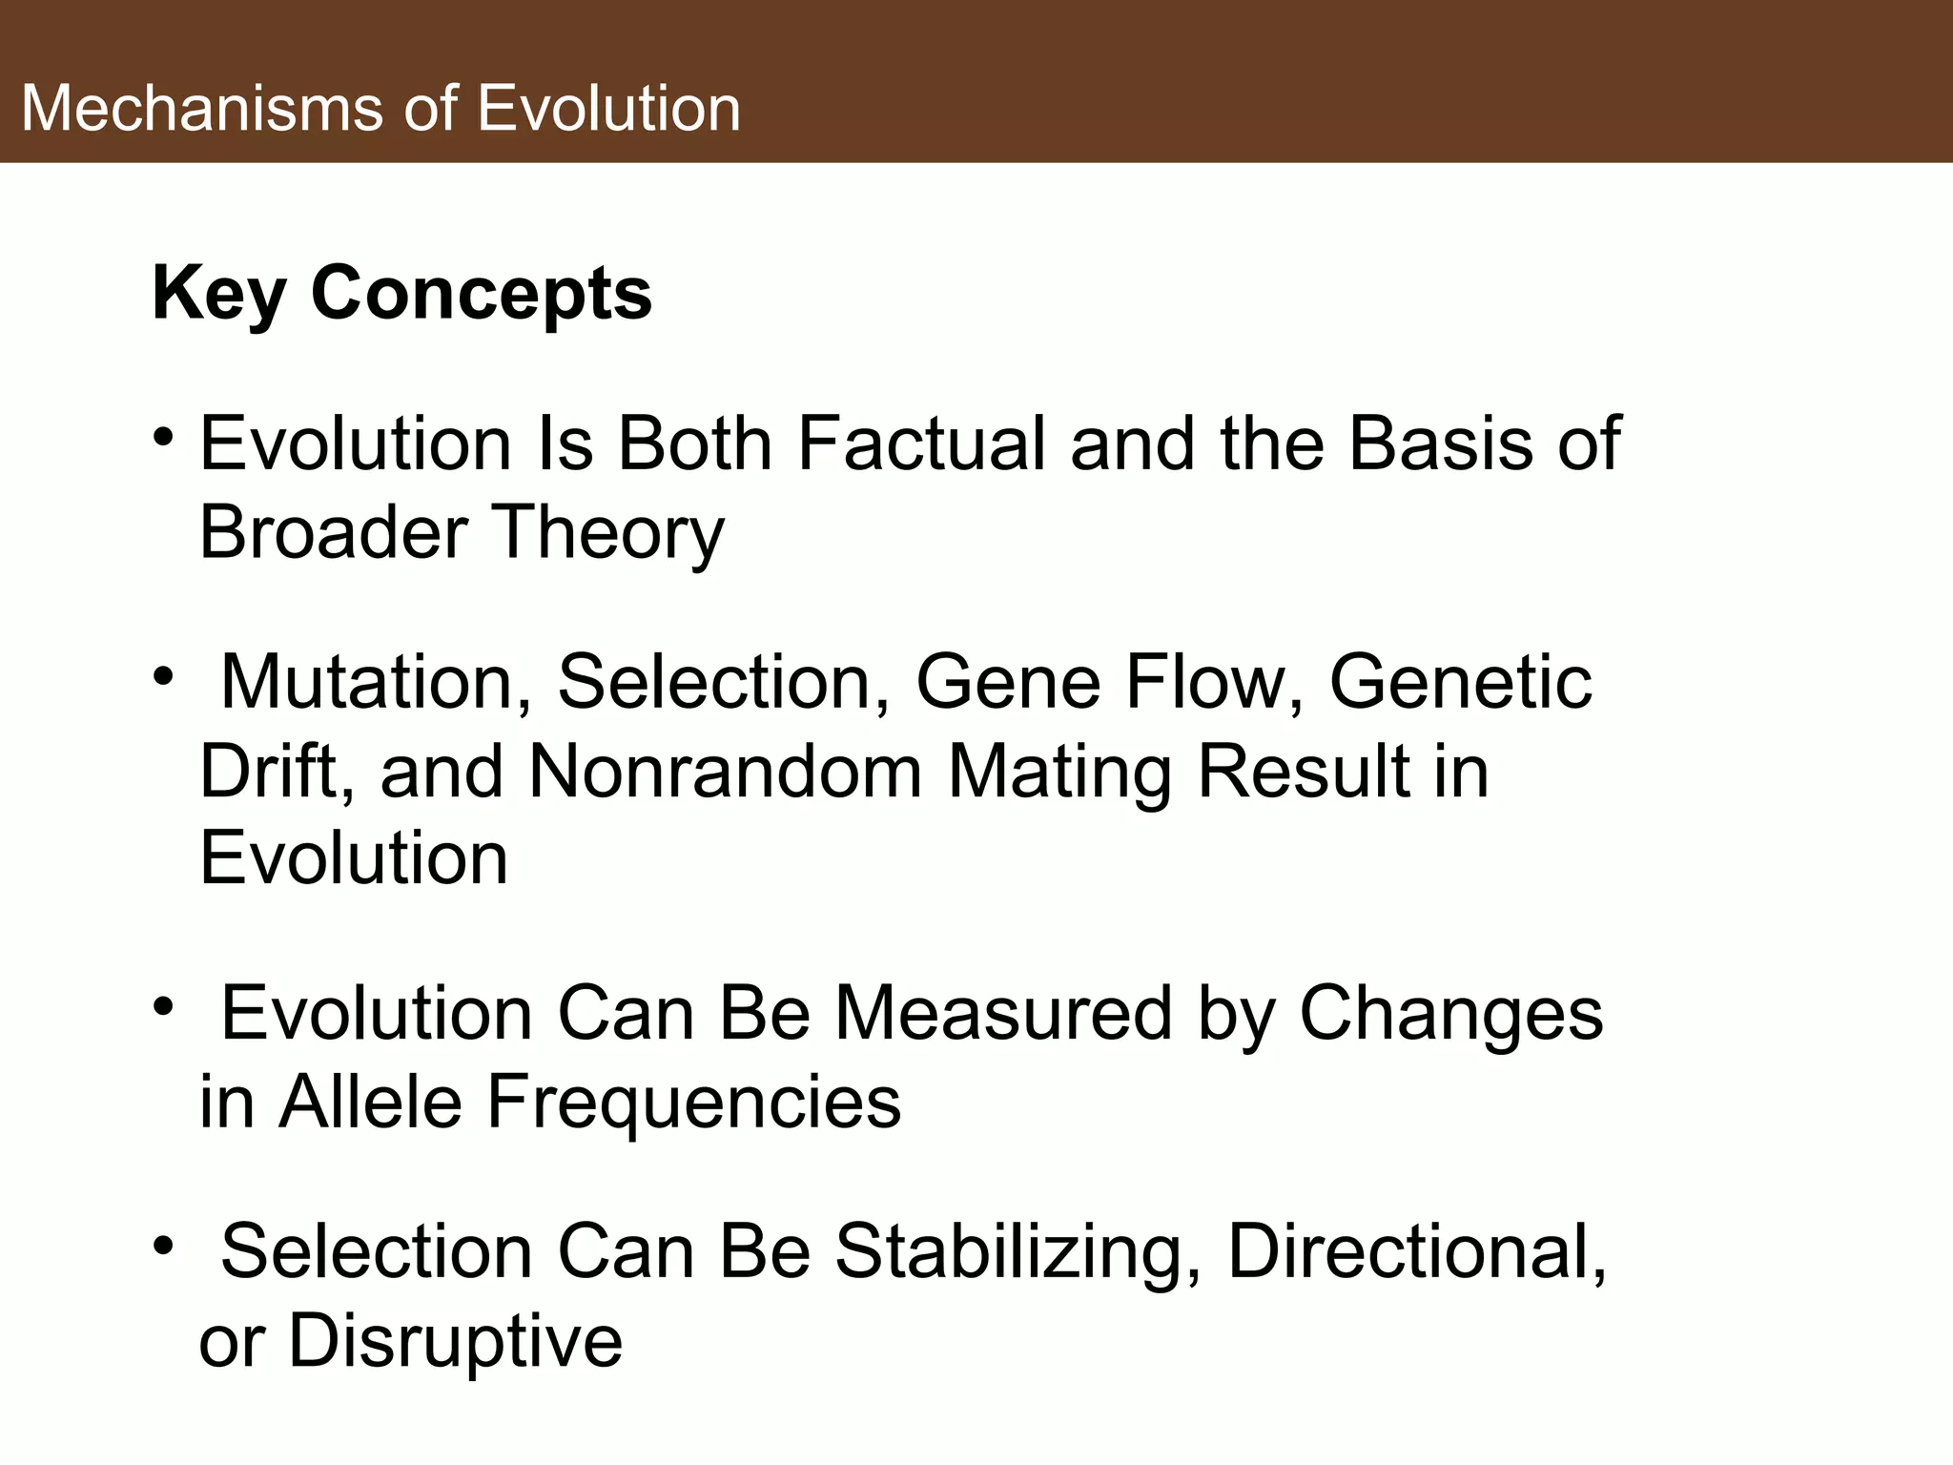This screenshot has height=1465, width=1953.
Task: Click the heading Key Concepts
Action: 401,293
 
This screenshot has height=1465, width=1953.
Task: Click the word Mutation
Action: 376,682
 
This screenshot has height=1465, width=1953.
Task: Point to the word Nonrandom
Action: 724,771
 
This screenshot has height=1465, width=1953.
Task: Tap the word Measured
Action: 1002,1013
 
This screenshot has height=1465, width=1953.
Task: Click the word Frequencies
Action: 693,1102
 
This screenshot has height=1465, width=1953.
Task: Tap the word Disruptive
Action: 455,1340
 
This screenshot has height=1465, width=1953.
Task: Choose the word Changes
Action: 1450,1013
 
